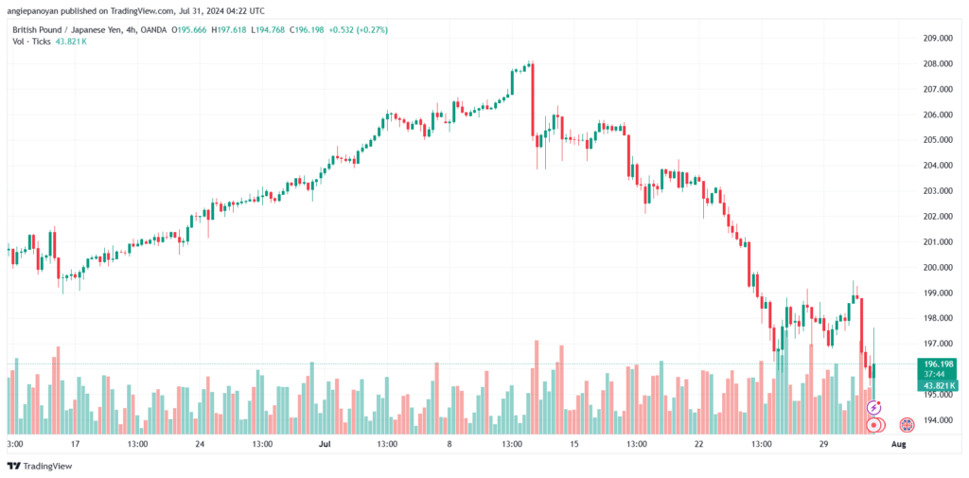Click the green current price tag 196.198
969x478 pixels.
coord(938,364)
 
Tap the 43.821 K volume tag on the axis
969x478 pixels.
coord(938,385)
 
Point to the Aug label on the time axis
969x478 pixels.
coord(900,444)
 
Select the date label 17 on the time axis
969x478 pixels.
coord(76,444)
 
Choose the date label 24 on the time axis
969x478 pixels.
coord(200,444)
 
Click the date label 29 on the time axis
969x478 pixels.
coord(823,444)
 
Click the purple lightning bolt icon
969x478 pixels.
coord(873,408)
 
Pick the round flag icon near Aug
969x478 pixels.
coord(907,425)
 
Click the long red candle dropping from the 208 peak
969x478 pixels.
coord(532,99)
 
